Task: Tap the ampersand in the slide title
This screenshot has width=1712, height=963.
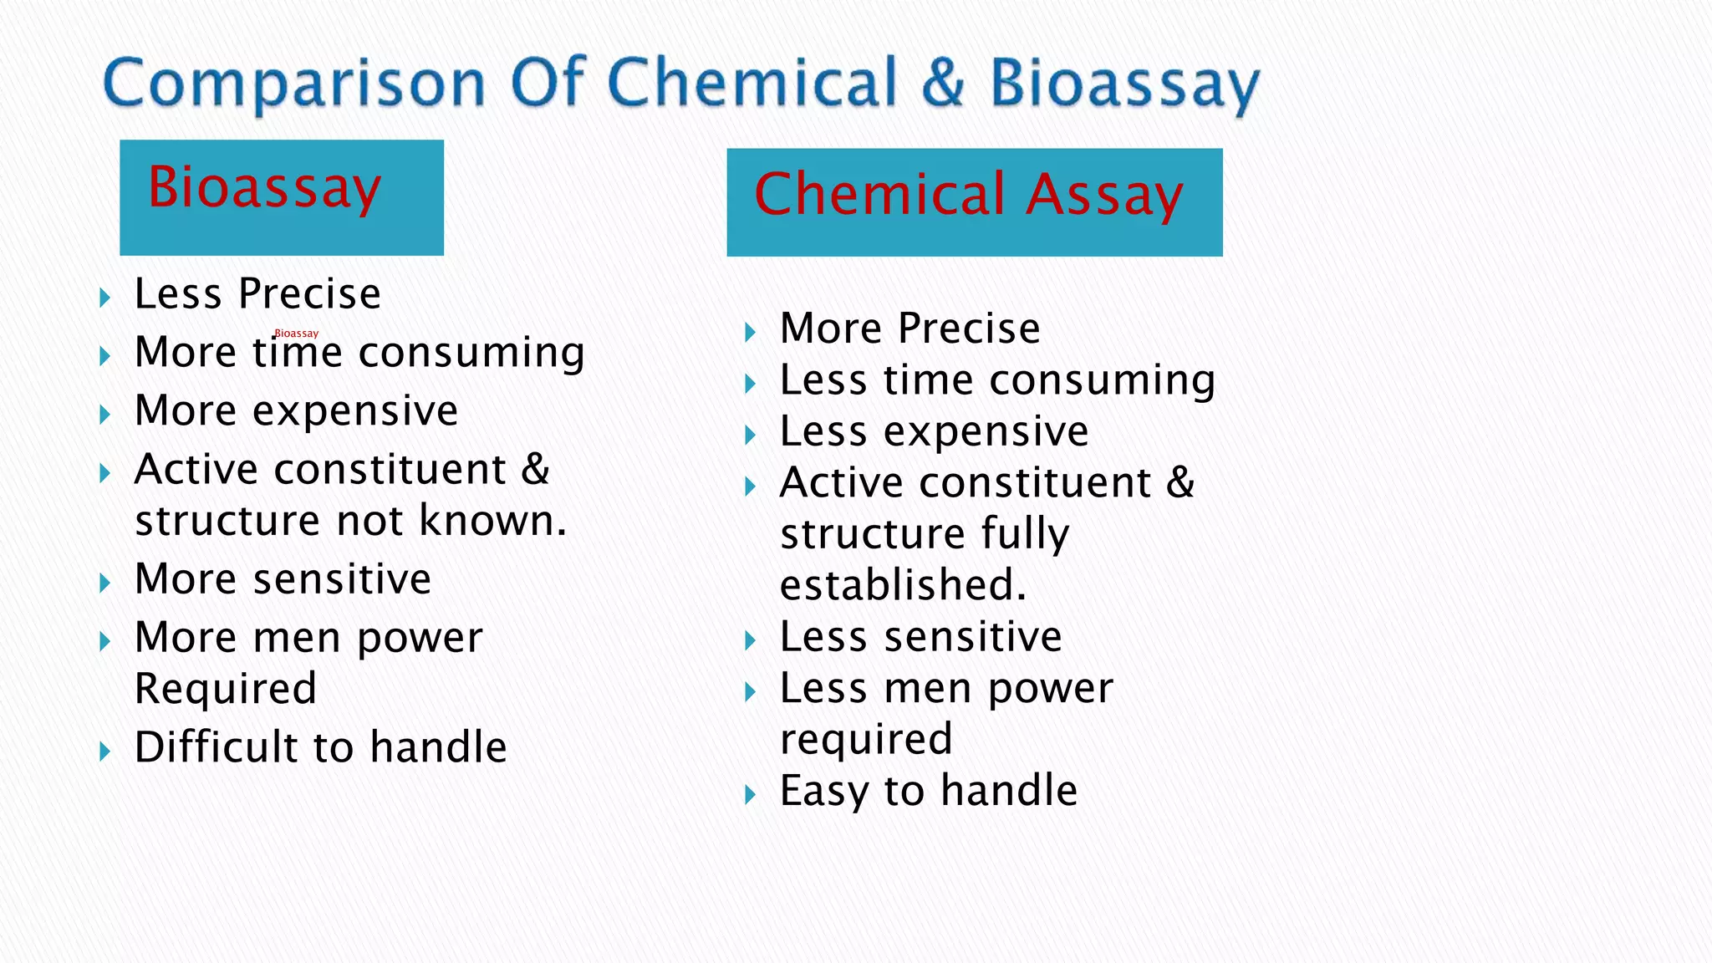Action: tap(943, 82)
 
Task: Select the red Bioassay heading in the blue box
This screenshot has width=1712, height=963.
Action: tap(264, 187)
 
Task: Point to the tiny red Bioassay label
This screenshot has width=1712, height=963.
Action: tap(297, 334)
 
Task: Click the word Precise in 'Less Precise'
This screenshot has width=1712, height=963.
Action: tap(309, 294)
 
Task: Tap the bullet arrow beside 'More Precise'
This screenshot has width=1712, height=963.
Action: tap(750, 332)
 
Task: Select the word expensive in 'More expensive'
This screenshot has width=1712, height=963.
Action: tap(355, 411)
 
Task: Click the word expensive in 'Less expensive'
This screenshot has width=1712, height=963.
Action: tap(986, 432)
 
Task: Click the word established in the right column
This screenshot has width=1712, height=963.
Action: tap(903, 584)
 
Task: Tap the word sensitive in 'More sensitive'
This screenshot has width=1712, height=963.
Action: tap(342, 579)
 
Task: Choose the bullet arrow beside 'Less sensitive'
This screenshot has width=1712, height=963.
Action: tap(750, 641)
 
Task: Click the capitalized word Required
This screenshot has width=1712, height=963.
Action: tap(226, 689)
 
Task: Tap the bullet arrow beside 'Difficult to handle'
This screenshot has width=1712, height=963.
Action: tap(104, 751)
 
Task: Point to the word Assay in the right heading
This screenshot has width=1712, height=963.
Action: tap(1104, 194)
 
